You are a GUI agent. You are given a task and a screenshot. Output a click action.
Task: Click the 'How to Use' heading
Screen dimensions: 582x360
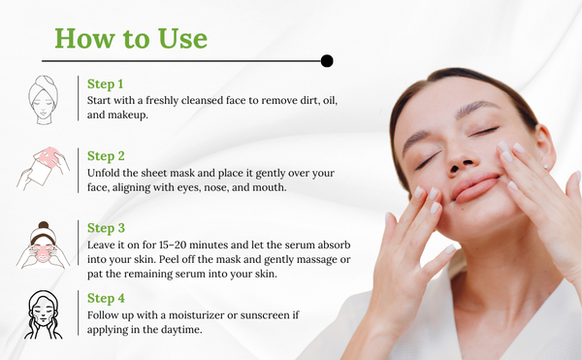pos(131,38)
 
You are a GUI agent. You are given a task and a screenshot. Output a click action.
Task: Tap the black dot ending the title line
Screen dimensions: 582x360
pos(327,61)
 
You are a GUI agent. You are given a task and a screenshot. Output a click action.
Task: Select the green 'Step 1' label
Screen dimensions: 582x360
pos(105,84)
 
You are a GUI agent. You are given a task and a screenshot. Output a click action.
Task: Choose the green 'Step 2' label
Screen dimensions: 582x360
pos(106,156)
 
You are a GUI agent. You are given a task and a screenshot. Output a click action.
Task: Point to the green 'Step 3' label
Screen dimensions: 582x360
pos(106,228)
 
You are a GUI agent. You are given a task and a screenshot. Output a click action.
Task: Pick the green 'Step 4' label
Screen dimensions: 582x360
pos(106,299)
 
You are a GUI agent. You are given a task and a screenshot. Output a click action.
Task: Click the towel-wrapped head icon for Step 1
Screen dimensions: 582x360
pos(44,100)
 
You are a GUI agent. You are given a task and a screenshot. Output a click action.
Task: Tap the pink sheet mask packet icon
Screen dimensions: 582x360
pos(43,169)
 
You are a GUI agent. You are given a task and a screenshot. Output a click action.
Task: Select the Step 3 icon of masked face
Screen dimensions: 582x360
pos(43,245)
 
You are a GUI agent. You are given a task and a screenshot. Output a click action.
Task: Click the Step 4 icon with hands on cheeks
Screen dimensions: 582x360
pos(43,314)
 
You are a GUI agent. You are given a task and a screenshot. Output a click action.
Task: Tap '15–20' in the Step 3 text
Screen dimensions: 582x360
pos(173,245)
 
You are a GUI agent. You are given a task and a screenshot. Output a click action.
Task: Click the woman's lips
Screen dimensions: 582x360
pos(475,187)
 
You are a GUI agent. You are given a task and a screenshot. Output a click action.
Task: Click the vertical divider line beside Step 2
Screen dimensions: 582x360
pos(79,171)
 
